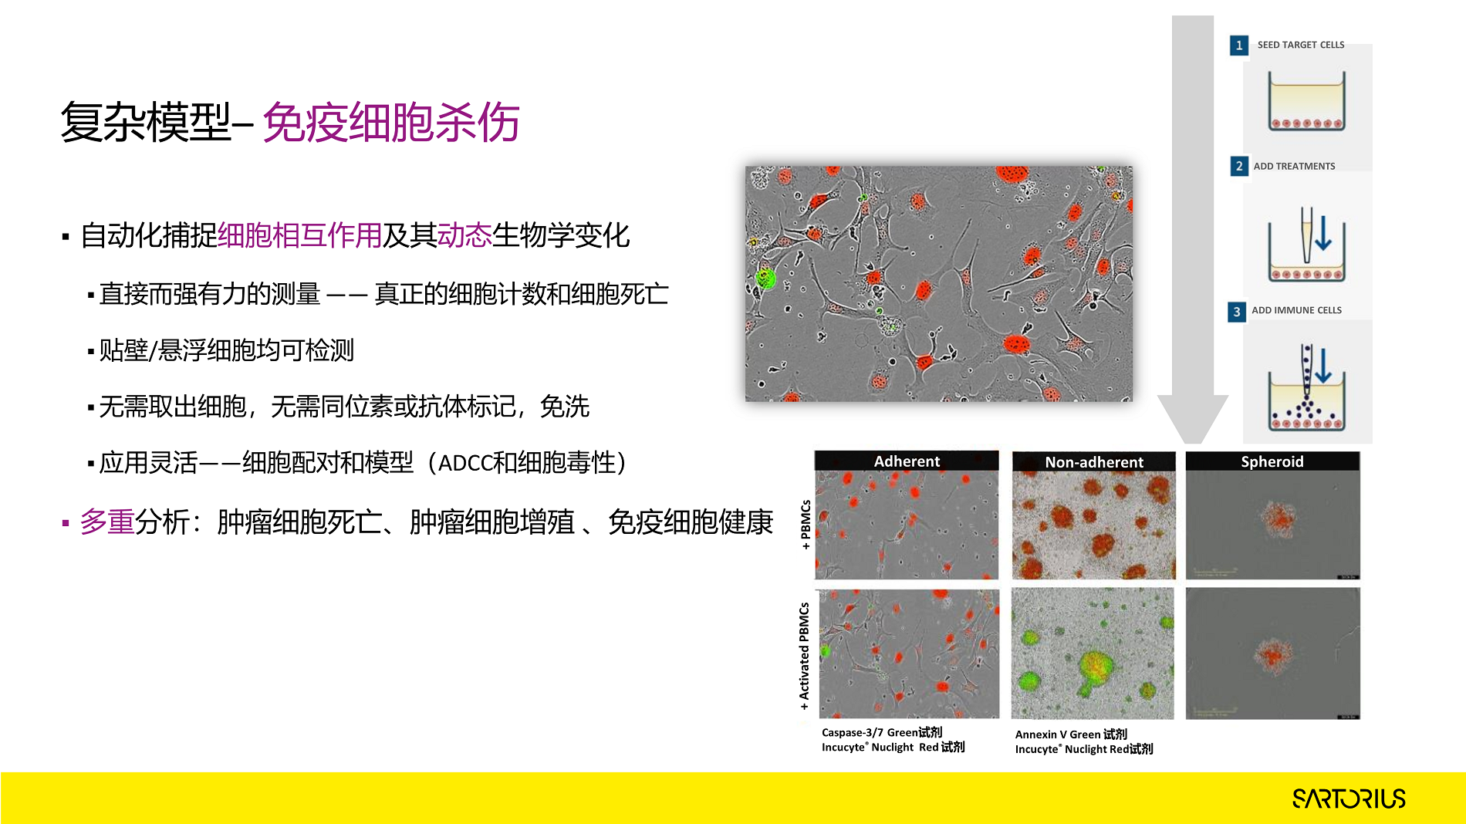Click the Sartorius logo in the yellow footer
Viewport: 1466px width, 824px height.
[1349, 799]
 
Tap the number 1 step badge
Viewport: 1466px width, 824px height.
[1239, 46]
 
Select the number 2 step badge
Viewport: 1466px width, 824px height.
[1239, 166]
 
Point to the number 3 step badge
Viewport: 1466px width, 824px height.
[1237, 311]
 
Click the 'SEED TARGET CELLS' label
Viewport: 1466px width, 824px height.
[1301, 45]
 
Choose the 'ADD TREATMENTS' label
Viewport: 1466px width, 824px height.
[1294, 166]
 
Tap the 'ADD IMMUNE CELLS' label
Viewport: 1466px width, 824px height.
[1296, 310]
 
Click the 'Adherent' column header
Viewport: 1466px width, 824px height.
[907, 461]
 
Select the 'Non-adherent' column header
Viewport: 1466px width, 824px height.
[1094, 462]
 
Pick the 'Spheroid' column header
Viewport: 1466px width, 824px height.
[1272, 461]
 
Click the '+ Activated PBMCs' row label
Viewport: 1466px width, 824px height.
[804, 656]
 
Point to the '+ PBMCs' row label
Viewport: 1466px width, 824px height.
[806, 525]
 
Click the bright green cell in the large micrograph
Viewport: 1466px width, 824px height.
[765, 278]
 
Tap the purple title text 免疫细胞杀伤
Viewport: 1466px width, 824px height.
[391, 123]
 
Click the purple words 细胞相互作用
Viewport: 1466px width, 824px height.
[300, 235]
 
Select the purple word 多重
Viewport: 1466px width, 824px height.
[107, 522]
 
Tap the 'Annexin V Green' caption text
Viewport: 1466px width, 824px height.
[1058, 735]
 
